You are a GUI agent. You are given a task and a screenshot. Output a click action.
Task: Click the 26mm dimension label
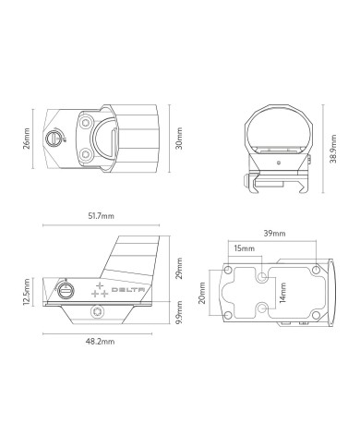pyautogui.click(x=27, y=139)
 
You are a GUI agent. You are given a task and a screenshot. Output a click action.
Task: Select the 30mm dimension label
pyautogui.click(x=179, y=139)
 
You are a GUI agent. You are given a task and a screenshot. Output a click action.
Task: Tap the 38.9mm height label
pyautogui.click(x=332, y=149)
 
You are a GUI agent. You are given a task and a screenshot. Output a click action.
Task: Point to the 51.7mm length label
pyautogui.click(x=102, y=216)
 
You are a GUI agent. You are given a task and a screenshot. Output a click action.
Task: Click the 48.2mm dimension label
pyautogui.click(x=100, y=342)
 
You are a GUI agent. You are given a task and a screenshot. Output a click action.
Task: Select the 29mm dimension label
pyautogui.click(x=179, y=269)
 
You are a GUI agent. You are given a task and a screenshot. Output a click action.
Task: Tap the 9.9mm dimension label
pyautogui.click(x=179, y=312)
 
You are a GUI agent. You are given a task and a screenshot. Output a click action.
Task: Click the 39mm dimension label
pyautogui.click(x=274, y=234)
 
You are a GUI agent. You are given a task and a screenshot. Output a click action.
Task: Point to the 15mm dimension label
pyautogui.click(x=244, y=248)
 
